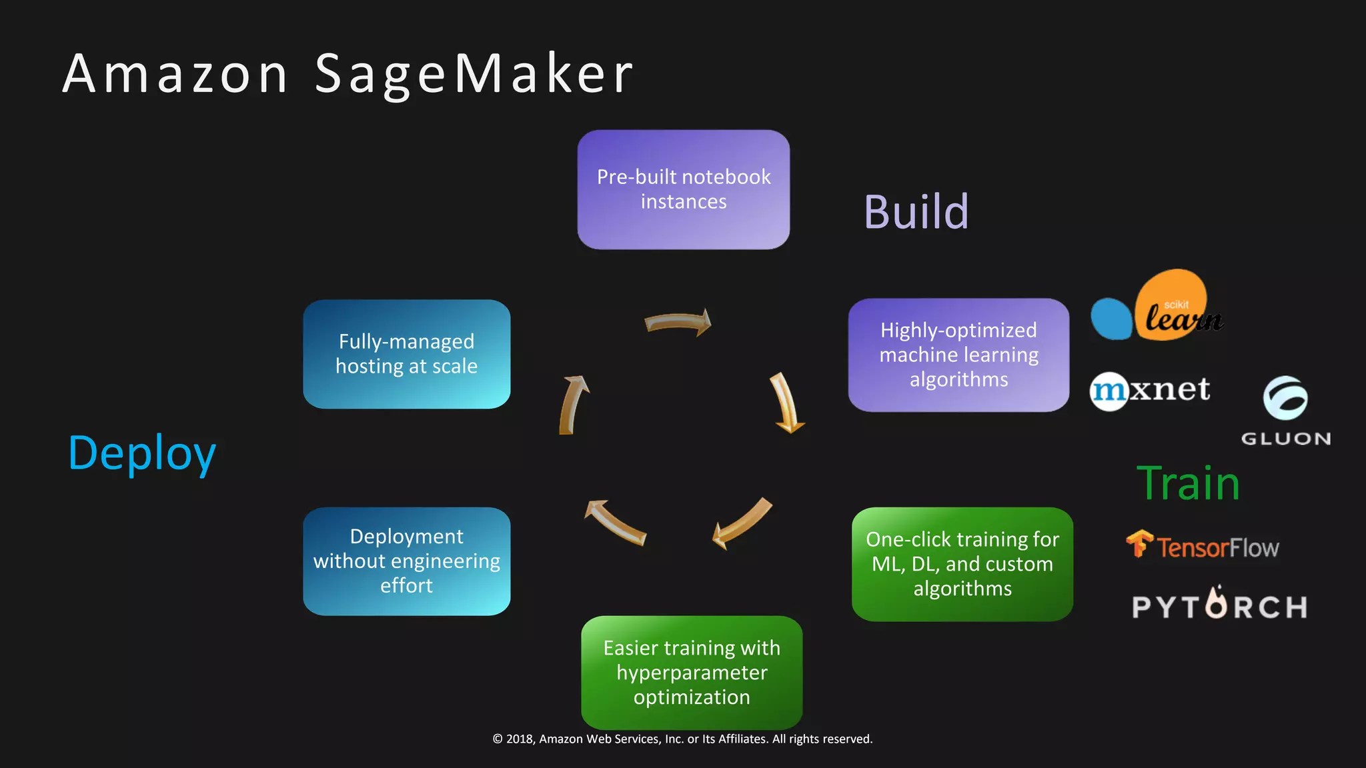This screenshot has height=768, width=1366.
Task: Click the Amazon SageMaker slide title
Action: point(348,73)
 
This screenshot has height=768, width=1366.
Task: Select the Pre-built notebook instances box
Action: point(683,189)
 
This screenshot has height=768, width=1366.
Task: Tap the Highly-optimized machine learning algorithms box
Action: point(958,355)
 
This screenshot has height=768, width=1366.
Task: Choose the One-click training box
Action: point(962,564)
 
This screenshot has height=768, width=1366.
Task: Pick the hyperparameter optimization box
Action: point(692,672)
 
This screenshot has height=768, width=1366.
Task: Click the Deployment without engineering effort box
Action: point(406,561)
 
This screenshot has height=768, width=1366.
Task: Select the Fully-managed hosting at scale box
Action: point(406,354)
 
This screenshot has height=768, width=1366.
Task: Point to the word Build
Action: point(916,212)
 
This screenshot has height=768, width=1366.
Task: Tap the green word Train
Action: point(1188,483)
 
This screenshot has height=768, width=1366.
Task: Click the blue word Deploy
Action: point(142,453)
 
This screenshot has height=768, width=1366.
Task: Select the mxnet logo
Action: point(1150,391)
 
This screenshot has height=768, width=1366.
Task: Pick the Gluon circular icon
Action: point(1285,398)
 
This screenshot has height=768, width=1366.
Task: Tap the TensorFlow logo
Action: point(1203,546)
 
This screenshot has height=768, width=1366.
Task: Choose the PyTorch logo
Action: point(1219,605)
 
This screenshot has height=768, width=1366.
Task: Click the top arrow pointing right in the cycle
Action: point(678,323)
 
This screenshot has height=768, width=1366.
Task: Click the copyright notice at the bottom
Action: point(682,739)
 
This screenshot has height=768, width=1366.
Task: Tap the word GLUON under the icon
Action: point(1285,439)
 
